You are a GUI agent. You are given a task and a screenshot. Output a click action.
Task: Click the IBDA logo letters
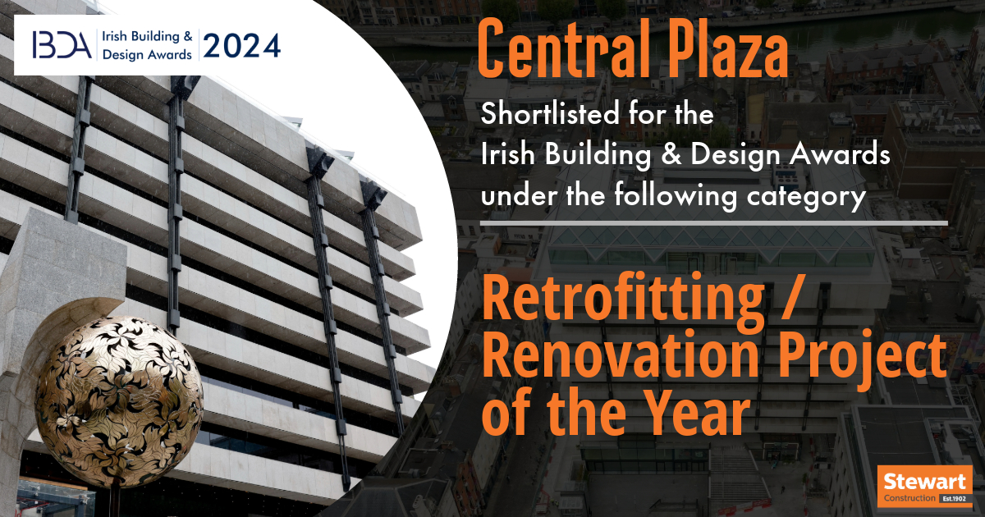coord(62,45)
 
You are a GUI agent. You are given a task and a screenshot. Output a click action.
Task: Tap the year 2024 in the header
coord(241,46)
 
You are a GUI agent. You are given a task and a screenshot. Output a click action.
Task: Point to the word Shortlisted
coord(550,113)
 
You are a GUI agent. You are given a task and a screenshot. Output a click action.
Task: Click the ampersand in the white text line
coord(671,155)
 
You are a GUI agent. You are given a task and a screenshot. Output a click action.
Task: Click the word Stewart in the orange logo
coord(924,482)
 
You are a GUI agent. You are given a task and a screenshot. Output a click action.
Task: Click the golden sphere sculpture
coord(119,401)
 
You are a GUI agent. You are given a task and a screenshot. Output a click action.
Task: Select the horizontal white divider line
coord(713,224)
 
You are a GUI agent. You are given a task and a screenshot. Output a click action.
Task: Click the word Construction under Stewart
coord(909,498)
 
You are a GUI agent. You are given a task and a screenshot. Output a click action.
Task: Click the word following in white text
coord(676,196)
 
